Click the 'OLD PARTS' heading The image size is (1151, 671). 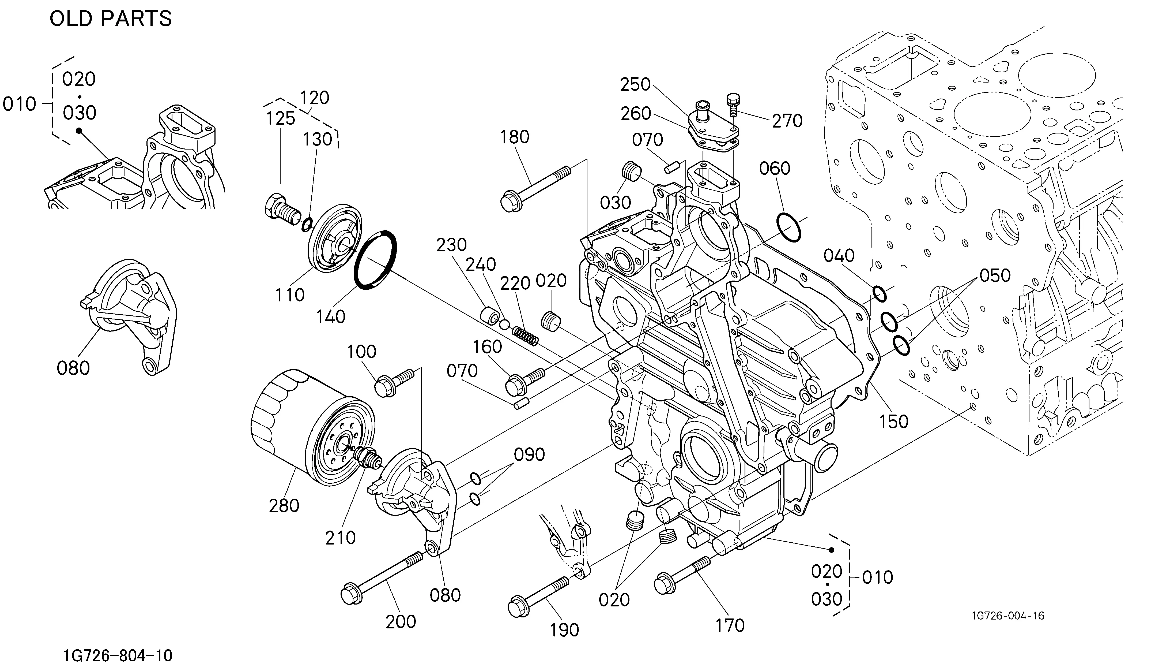[x=111, y=19]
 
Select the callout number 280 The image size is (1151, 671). [x=284, y=506]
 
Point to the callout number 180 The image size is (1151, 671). [x=515, y=137]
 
